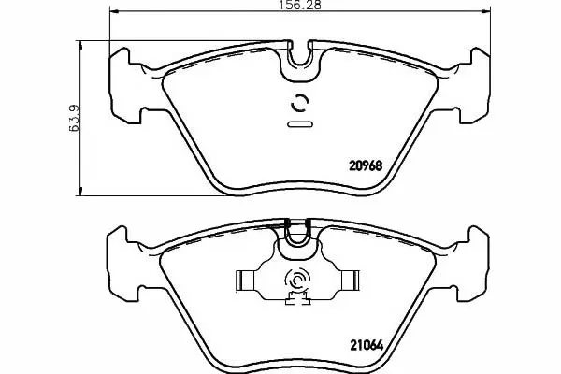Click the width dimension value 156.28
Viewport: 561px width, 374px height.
pyautogui.click(x=300, y=5)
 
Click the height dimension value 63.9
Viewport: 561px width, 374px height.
pyautogui.click(x=74, y=118)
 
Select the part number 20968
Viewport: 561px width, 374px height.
pyautogui.click(x=366, y=165)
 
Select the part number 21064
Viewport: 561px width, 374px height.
pyautogui.click(x=366, y=345)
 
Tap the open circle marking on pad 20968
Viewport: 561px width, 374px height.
pyautogui.click(x=300, y=104)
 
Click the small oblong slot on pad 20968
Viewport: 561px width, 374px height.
pyautogui.click(x=300, y=124)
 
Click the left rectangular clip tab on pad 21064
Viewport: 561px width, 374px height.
pyautogui.click(x=245, y=280)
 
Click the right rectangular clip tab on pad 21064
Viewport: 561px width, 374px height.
pyautogui.click(x=350, y=280)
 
